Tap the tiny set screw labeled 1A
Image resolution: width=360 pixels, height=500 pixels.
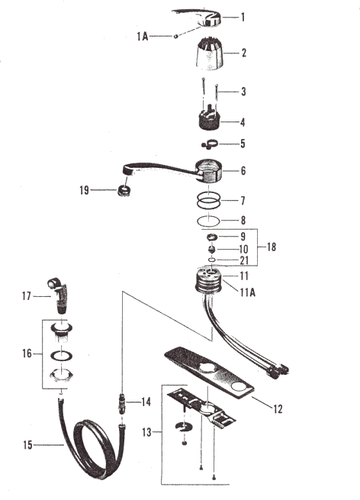[x=175, y=36]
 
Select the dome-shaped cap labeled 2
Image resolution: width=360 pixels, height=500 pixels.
[x=209, y=53]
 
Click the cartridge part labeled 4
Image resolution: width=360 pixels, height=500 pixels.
[x=209, y=118]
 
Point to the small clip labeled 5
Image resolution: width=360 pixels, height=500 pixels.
[x=210, y=144]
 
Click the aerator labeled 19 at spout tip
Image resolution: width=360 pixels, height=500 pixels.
[x=124, y=190]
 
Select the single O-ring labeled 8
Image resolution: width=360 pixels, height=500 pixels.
[x=208, y=221]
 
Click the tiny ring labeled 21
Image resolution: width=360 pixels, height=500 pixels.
[x=212, y=260]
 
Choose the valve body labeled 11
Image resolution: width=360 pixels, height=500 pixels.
[x=209, y=279]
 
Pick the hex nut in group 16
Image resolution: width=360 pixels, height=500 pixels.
[x=61, y=375]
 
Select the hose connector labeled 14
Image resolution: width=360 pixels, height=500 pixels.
[x=122, y=403]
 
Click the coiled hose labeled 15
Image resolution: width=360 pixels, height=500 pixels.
[x=92, y=447]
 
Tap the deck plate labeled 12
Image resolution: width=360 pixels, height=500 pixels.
[x=209, y=373]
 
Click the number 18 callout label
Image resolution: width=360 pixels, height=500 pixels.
[x=271, y=247]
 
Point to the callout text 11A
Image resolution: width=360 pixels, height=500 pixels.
[x=248, y=292]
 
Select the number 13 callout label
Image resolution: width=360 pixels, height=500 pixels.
[x=146, y=432]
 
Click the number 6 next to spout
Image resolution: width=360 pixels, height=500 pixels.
[x=243, y=171]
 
